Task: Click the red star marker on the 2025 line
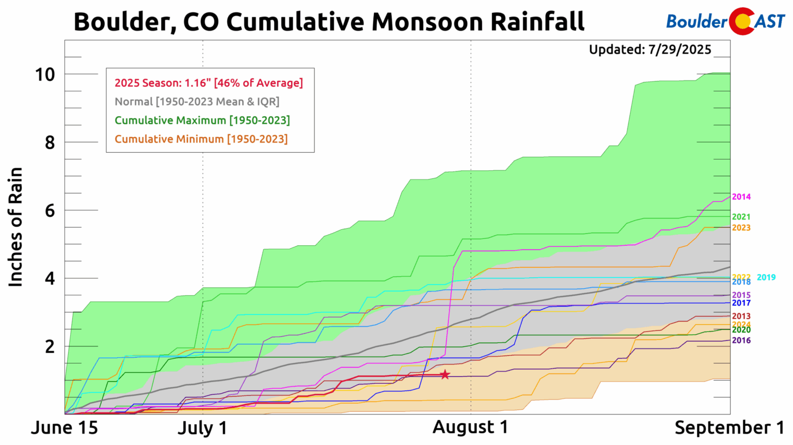tap(445, 375)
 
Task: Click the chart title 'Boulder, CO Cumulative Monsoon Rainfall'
tap(329, 22)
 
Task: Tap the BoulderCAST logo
tap(725, 22)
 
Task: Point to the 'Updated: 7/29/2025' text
tap(650, 50)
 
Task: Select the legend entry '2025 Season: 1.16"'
tap(209, 83)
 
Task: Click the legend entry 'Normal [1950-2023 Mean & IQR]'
tap(197, 102)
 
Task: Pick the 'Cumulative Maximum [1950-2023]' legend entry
tap(202, 120)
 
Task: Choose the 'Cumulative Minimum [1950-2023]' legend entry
tap(201, 139)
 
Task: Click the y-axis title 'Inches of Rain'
tap(16, 227)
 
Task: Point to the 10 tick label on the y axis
tap(45, 75)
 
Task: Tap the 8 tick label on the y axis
tap(50, 143)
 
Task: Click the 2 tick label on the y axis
tap(50, 347)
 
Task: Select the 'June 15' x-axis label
tap(65, 428)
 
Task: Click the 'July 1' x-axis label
tap(202, 428)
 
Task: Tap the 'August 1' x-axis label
tap(470, 427)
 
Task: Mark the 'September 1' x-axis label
tap(729, 428)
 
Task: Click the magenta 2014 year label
tap(741, 197)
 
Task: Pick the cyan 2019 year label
tap(766, 278)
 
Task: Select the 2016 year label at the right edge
tap(741, 340)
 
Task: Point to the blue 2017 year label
tap(741, 303)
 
